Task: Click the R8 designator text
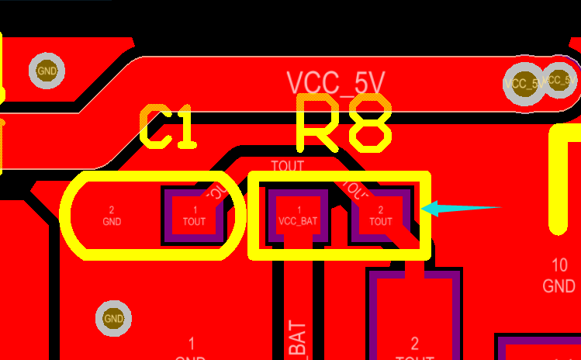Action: point(343,123)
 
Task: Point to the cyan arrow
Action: point(461,208)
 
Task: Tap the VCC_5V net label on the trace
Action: point(335,82)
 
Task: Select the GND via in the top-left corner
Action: point(47,71)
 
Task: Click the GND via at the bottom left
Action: point(113,318)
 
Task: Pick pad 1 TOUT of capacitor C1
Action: point(195,215)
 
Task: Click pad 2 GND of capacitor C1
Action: point(112,216)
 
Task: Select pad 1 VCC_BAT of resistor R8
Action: point(299,215)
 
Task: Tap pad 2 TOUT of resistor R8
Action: point(380,215)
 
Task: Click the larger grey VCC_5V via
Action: point(524,83)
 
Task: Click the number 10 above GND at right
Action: point(559,265)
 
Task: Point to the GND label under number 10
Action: point(559,286)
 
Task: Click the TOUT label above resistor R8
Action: point(287,165)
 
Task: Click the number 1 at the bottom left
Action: point(192,342)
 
